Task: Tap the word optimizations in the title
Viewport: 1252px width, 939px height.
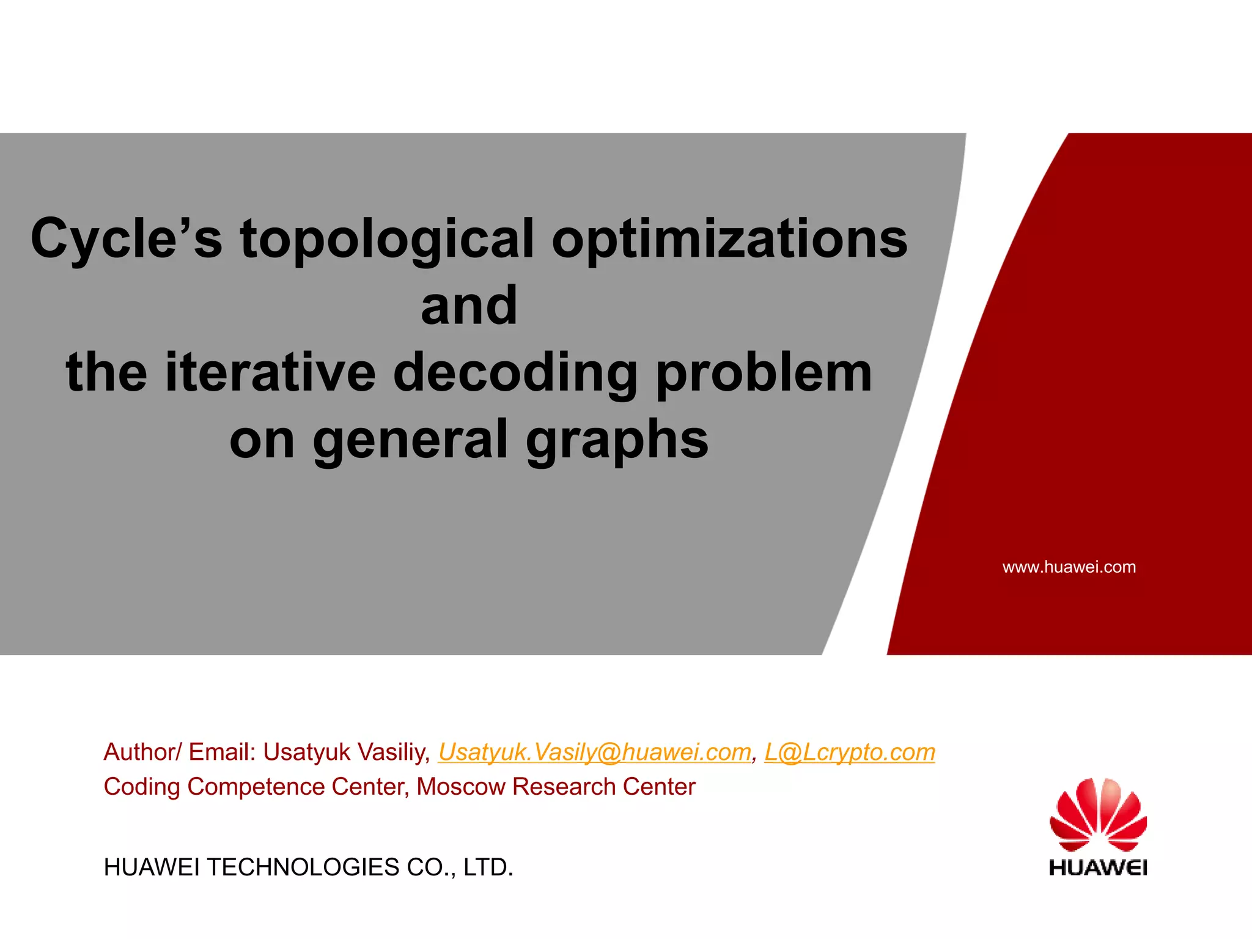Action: tap(729, 240)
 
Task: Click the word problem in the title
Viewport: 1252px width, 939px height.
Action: tap(764, 374)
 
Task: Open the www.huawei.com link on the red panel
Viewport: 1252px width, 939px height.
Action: tap(1069, 567)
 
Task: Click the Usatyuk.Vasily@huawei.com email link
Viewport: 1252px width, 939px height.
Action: tap(595, 753)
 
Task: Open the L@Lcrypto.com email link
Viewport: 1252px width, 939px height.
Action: tap(849, 753)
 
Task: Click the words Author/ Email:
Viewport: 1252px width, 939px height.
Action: tap(180, 753)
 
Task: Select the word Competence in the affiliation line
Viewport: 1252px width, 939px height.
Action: tap(256, 787)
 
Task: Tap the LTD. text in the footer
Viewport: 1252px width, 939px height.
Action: tap(488, 867)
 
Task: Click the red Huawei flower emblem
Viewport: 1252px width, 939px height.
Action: tap(1098, 814)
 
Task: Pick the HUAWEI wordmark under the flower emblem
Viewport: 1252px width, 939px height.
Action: tap(1098, 867)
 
